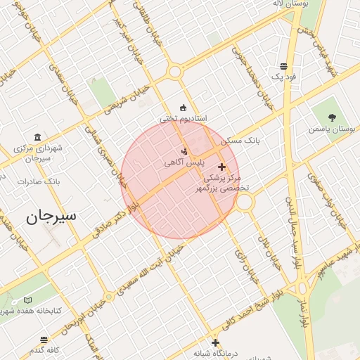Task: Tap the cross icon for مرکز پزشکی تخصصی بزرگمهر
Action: pos(222,167)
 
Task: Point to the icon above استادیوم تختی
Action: pos(184,108)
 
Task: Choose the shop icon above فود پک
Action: pos(283,65)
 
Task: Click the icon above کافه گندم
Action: pos(44,338)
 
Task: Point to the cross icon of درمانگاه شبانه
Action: pos(215,342)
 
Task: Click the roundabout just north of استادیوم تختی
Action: pos(176,72)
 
